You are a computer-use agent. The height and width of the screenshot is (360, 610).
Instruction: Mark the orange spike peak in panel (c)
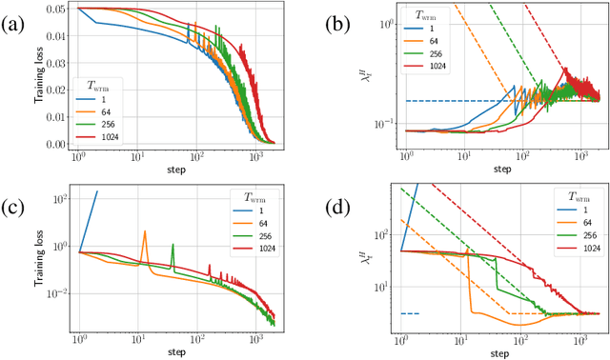144,230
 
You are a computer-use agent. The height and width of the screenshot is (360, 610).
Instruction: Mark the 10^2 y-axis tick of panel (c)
58,199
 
